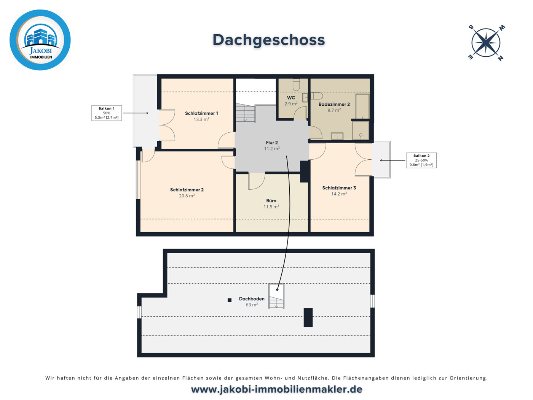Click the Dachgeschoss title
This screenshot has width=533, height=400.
[268, 40]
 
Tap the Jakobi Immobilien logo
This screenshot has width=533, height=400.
[40, 40]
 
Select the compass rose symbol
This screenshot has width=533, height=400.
[486, 43]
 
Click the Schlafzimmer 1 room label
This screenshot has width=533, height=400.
[201, 113]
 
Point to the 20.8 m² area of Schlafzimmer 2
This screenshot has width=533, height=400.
[187, 196]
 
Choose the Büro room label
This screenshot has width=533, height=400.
[271, 201]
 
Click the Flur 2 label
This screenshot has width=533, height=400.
[272, 143]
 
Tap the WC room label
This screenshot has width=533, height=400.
[291, 98]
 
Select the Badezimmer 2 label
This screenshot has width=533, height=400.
[334, 104]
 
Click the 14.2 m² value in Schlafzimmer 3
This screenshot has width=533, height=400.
[339, 194]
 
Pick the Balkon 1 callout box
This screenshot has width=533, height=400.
[107, 113]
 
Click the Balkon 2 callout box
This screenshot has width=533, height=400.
[421, 160]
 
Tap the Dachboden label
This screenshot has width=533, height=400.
[251, 299]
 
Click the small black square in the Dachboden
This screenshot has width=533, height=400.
[230, 300]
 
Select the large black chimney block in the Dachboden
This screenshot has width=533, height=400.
[308, 317]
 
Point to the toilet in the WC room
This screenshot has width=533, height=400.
[296, 84]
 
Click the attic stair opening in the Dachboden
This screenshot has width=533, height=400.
[276, 296]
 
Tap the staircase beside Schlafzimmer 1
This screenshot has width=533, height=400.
[245, 113]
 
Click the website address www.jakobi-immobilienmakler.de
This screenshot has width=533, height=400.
[276, 389]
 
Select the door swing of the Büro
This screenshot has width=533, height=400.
[256, 181]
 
